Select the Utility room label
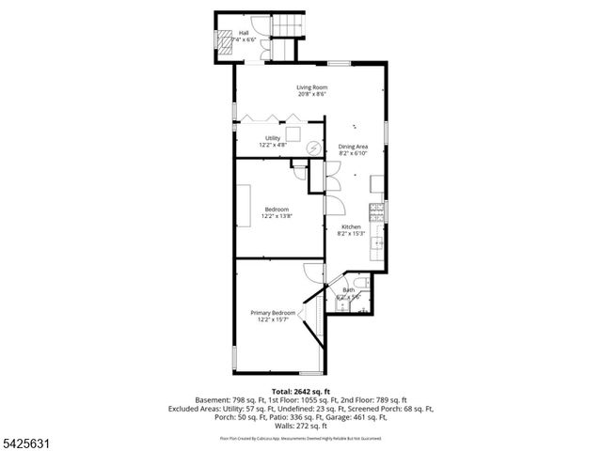(272, 138)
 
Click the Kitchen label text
(351, 226)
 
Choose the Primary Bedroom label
(273, 313)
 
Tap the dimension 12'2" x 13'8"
(276, 216)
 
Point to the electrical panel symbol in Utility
(313, 146)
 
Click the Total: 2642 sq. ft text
(301, 390)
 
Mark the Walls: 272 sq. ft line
(301, 426)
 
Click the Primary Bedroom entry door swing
(311, 271)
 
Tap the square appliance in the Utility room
(293, 133)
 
